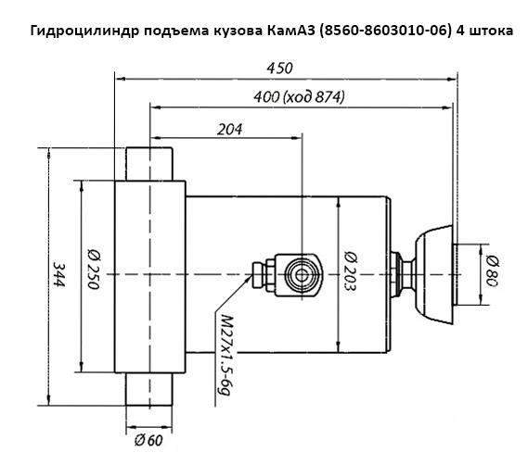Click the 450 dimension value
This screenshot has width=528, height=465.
tap(280, 69)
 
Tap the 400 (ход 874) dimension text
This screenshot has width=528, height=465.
tap(299, 97)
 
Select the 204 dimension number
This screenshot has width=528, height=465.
tap(229, 130)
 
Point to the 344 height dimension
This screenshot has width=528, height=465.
tap(59, 275)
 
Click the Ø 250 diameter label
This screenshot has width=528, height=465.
tap(94, 269)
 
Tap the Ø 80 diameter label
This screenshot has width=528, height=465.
tap(492, 271)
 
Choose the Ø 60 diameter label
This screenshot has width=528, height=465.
tap(148, 440)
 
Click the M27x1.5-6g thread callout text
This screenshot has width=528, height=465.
tap(225, 355)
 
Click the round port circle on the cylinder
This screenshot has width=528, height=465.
tap(302, 275)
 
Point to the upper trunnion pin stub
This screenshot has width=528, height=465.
tap(149, 164)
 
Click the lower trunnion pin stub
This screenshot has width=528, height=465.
tap(148, 389)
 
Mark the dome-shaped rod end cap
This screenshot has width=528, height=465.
tap(433, 275)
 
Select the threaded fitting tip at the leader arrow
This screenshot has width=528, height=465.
tap(258, 275)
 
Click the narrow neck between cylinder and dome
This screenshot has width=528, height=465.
tap(408, 275)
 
